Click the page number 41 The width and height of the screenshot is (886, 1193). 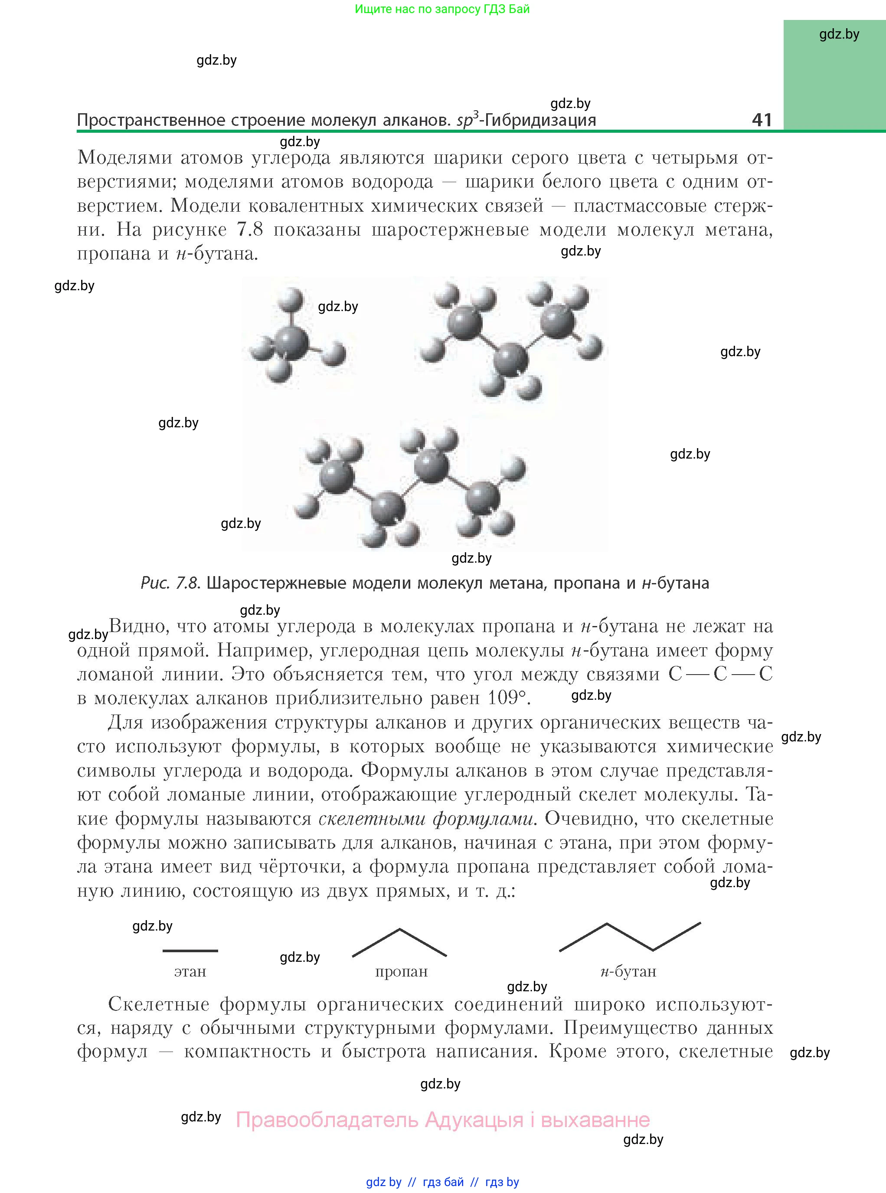pos(762,119)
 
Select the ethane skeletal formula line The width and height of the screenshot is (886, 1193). pos(190,950)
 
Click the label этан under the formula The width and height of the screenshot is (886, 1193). pos(190,971)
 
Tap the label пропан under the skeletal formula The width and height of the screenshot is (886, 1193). pos(401,971)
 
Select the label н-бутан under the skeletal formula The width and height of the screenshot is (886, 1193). pos(628,971)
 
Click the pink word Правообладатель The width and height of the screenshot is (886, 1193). pos(327,1120)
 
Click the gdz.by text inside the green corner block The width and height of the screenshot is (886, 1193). pos(839,34)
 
